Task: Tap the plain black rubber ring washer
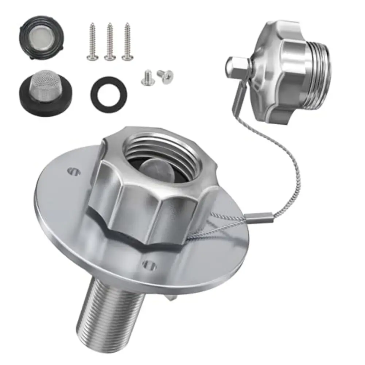pyautogui.click(x=109, y=94)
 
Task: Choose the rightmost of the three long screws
pyautogui.click(x=127, y=42)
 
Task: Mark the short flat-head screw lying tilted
pyautogui.click(x=166, y=75)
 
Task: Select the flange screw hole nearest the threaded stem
pyautogui.click(x=150, y=266)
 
